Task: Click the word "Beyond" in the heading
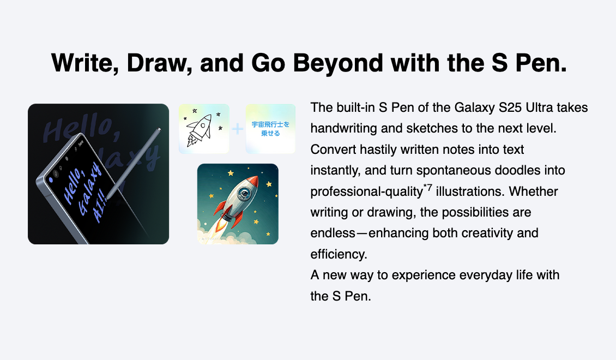pos(338,63)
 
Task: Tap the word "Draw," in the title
pos(160,63)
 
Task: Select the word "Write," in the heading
pos(85,63)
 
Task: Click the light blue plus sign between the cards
pos(237,129)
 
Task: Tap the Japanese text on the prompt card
pos(270,129)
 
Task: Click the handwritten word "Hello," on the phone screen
pos(74,185)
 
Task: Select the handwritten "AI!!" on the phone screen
pos(99,206)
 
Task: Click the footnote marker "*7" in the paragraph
pos(428,188)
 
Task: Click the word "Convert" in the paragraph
pos(334,149)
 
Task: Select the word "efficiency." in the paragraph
pos(339,254)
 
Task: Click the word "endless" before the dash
pos(333,233)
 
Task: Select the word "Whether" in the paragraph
pos(534,191)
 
